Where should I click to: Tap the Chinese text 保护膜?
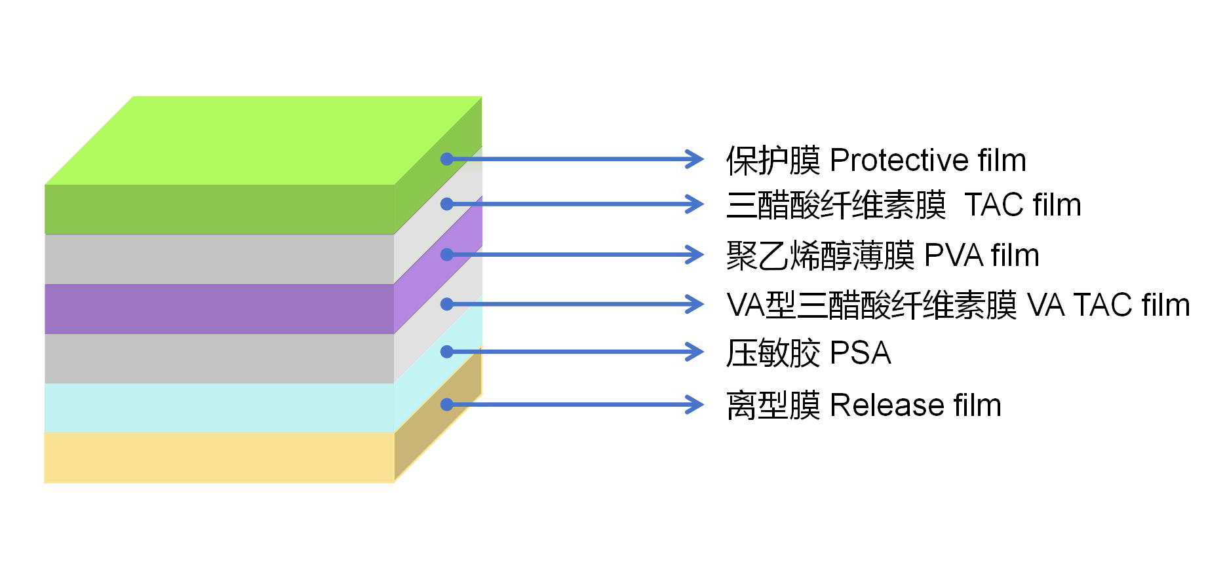773,160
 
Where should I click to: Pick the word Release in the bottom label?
886,406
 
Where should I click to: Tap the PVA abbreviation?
953,255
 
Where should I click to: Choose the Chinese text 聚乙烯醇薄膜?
820,255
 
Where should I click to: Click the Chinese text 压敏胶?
773,353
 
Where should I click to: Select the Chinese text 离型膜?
773,406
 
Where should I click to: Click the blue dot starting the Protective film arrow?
447,159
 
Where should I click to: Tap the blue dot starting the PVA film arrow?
447,254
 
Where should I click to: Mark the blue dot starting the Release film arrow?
447,404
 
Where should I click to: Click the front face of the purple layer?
219,309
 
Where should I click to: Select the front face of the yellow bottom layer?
219,457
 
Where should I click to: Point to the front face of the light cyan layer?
219,407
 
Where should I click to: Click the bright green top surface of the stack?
262,140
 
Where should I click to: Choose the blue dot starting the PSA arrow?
447,352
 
